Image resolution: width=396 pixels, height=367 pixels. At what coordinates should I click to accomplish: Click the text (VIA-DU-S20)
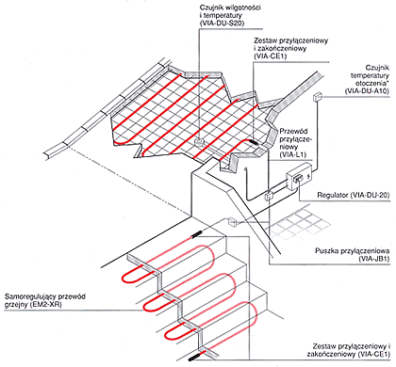(222, 23)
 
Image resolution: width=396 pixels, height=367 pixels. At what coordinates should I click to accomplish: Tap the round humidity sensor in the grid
(199, 142)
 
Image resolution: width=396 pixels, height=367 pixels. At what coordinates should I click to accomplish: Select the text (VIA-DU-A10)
(367, 90)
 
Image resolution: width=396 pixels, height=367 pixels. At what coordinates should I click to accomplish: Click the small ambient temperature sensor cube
(317, 97)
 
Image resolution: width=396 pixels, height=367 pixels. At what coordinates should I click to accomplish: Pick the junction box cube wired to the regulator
(269, 196)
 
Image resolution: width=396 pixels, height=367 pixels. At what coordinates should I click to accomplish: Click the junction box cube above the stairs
(232, 222)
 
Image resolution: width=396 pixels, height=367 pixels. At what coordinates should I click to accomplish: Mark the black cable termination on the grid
(255, 143)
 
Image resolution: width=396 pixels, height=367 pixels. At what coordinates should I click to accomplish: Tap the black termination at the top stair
(197, 234)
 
